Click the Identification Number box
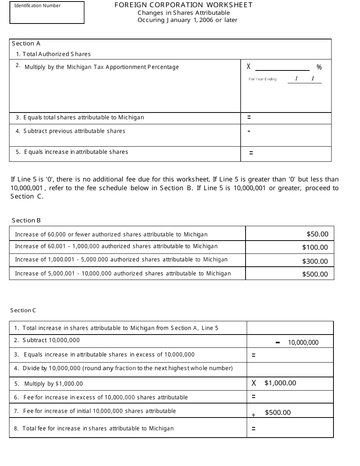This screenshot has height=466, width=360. pos(47,13)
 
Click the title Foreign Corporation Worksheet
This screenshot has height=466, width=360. pos(183,5)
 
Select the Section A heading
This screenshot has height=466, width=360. pos(26,44)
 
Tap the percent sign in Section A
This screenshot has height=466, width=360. pos(319,67)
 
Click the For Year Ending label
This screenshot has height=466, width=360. pos(263,79)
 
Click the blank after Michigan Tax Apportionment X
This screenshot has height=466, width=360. pos(282,67)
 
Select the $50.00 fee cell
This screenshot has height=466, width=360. pos(317,234)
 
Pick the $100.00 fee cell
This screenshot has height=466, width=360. pos(315,247)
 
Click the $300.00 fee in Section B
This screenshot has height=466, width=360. pos(315,261)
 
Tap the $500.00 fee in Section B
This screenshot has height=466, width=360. pos(315,274)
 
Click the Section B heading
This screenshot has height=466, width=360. pos(26,220)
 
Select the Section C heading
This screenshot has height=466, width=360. pos(23,310)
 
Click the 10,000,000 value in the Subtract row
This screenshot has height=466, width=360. pos(303,342)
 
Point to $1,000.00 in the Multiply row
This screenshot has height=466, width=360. pos(280,383)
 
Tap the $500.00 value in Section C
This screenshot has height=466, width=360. pos(278,413)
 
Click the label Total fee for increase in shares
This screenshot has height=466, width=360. pos(98,428)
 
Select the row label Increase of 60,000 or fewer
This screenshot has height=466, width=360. pos(111,235)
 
